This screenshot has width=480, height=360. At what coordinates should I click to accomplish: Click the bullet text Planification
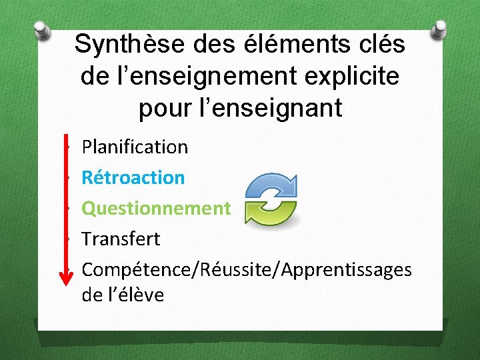point(135,147)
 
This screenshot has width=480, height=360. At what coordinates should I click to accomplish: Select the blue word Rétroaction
point(133,177)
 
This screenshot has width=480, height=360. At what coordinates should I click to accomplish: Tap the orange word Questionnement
point(156,208)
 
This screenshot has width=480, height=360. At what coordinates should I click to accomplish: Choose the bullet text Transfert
point(121,239)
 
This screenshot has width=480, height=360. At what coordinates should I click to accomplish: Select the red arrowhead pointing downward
point(67,277)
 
